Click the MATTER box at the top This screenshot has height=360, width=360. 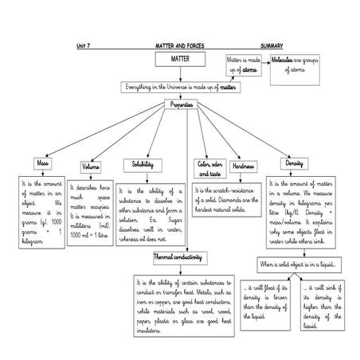(x=181, y=61)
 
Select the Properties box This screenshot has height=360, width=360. (x=181, y=105)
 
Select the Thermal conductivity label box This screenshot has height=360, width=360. (x=178, y=256)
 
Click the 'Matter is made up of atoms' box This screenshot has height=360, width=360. (x=242, y=66)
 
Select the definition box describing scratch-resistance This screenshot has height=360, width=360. (x=230, y=196)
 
